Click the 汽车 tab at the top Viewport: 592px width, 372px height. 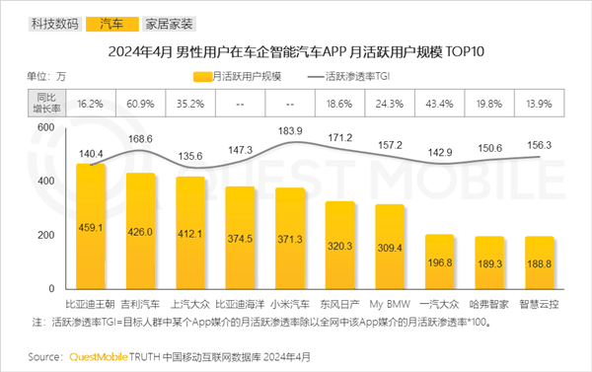point(111,21)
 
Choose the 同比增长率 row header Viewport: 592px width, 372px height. point(45,103)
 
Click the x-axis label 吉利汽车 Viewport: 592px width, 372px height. point(141,304)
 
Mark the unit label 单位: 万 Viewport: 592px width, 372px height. point(47,76)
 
